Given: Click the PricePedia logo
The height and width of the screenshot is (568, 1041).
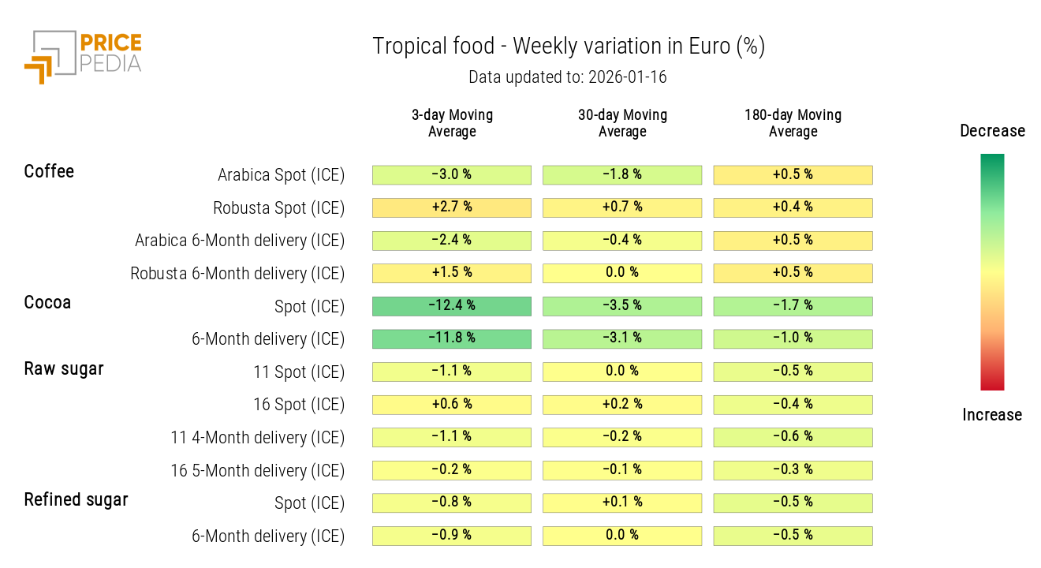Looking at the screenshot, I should pos(83,56).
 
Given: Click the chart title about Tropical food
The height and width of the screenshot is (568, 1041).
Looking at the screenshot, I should pos(568,47).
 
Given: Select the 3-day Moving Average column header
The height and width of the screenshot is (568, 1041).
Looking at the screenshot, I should pos(452,123).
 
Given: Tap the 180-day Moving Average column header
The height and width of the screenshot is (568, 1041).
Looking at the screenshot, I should pos(793,123).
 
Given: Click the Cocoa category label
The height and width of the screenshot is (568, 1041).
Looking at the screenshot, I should pos(47,302).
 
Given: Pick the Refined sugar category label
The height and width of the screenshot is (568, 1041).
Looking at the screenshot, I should pos(76,499).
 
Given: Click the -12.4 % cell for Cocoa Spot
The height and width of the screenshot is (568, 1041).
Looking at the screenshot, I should pos(452,306).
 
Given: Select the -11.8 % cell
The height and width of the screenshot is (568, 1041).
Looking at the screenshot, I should pos(452,338).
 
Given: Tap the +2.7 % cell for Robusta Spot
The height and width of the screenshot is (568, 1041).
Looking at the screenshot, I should pos(452,207).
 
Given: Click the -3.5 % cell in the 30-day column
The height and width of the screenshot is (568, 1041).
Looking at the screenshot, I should pos(622,306).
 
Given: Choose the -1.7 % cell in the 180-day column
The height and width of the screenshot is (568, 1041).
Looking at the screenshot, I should pos(793,306).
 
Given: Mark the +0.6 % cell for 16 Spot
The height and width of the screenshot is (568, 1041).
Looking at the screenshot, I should pos(452,405).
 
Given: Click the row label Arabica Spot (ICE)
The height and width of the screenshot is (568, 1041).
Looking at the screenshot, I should pos(281,175).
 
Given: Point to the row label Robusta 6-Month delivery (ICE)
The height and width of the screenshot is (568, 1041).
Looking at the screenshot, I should pos(237,274).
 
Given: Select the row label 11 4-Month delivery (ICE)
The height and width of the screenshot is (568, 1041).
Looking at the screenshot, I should pos(257,438).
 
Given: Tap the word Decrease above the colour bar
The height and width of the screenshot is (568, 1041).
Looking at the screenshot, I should pos(992,131).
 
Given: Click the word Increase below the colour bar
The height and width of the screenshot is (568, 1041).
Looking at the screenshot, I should pos(992,415).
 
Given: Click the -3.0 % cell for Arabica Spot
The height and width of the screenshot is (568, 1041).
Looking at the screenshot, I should pos(452,175).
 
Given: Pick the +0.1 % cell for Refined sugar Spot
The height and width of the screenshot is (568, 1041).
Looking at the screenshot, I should pos(622,503).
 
